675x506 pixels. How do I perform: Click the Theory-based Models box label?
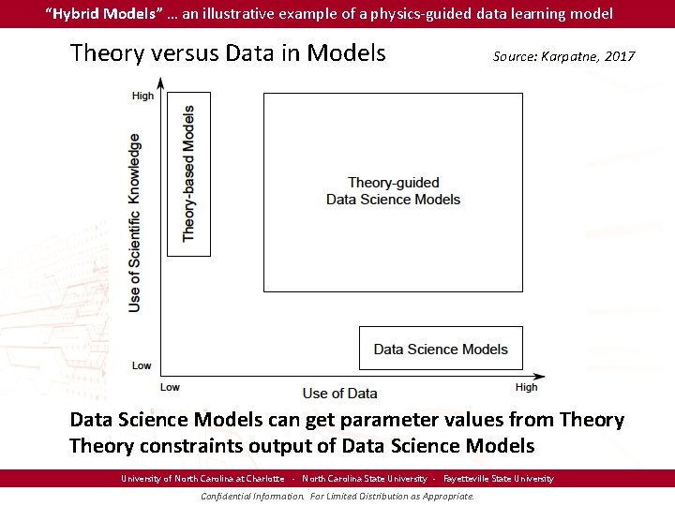pos(188,173)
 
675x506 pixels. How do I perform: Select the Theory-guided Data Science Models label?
pos(393,191)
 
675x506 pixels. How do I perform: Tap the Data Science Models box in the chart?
pos(441,350)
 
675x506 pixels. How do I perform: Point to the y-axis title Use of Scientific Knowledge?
pos(136,222)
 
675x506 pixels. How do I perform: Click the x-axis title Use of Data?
pos(340,394)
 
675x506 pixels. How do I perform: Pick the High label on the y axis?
pos(142,96)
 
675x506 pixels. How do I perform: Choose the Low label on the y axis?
pos(142,365)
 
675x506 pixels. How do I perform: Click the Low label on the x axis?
pos(170,387)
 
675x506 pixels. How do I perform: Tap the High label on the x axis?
pos(526,387)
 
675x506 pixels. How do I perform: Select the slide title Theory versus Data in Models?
pos(228,52)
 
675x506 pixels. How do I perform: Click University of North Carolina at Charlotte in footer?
pos(202,479)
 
